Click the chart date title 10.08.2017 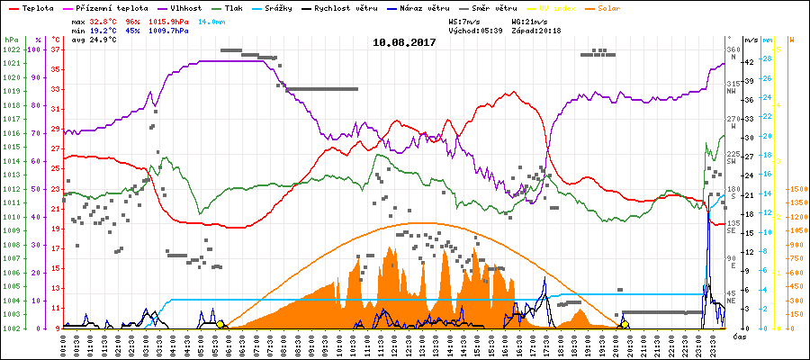pos(404,42)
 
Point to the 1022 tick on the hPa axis pos(10,49)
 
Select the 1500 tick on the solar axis pos(796,189)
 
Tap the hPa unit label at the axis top pos(10,40)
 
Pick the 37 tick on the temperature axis pos(56,49)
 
